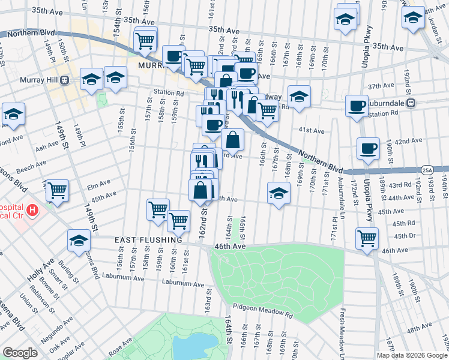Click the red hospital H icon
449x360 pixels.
pyautogui.click(x=32, y=211)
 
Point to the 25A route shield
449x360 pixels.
pyautogui.click(x=427, y=170)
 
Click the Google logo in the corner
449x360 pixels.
pyautogui.click(x=20, y=353)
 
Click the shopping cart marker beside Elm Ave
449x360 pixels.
pyautogui.click(x=58, y=190)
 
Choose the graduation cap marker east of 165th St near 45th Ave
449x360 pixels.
pyautogui.click(x=278, y=193)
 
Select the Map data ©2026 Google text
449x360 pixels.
pyautogui.click(x=412, y=354)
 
